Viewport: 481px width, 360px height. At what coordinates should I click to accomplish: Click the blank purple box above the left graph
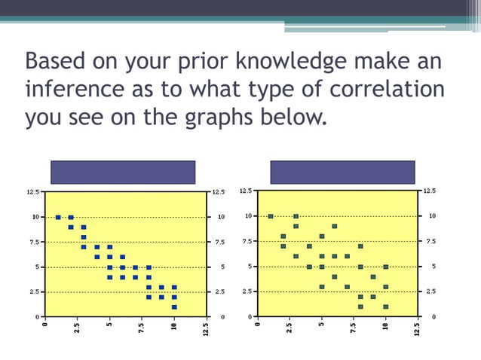(123, 172)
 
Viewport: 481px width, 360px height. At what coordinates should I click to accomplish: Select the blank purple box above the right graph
(342, 172)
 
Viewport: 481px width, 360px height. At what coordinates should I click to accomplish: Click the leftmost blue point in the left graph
(58, 217)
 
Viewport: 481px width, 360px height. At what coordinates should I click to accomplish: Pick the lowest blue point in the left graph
(174, 307)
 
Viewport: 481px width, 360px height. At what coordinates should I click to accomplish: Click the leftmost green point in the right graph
(271, 217)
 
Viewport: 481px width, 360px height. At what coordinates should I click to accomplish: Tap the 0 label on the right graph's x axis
(258, 325)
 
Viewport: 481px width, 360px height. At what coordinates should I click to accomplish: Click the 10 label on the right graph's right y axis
(432, 217)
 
